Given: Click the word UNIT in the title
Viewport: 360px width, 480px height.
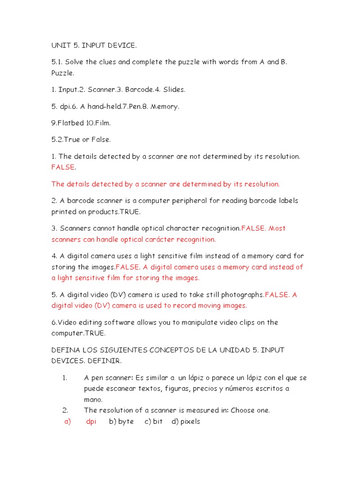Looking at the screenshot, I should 60,45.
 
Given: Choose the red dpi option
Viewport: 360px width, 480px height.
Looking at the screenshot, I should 91,421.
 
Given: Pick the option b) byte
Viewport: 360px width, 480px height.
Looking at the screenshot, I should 121,421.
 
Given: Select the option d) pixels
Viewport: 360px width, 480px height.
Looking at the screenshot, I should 186,421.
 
